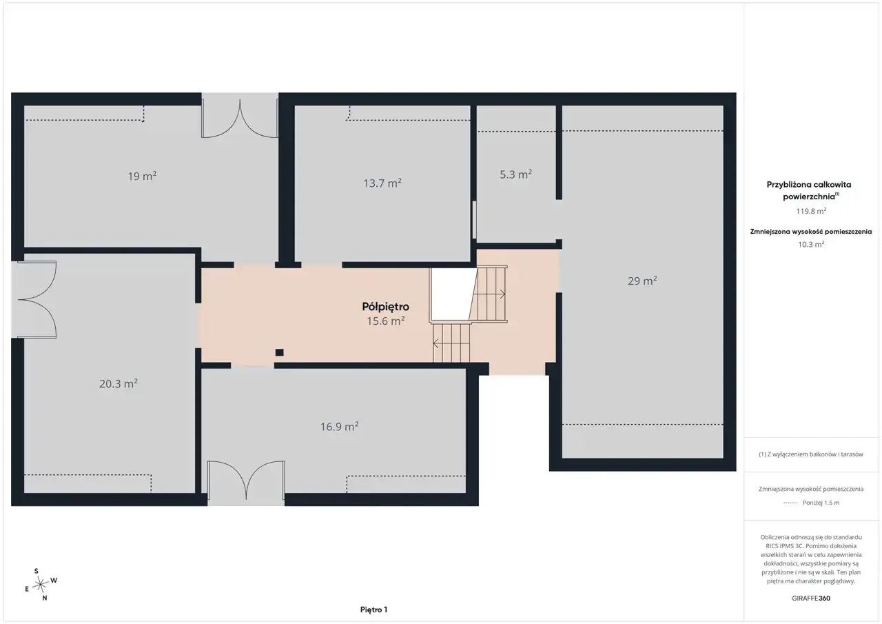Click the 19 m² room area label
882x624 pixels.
pos(142,176)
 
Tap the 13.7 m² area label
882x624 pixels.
pos(382,183)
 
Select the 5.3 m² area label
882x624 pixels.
pos(516,174)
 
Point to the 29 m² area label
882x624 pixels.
pos(642,281)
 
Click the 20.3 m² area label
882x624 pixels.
pos(118,383)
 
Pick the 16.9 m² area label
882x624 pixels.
pos(340,426)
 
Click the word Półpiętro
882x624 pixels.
pos(385,307)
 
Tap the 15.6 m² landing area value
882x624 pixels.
pos(386,321)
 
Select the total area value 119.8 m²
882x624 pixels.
pos(811,211)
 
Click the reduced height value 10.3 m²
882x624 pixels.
pos(811,244)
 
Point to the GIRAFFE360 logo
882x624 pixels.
pos(811,598)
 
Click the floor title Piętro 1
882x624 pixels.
pos(373,610)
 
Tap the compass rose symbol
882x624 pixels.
pos(41,585)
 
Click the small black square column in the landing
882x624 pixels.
pos(279,352)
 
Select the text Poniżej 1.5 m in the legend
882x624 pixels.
pos(821,503)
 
